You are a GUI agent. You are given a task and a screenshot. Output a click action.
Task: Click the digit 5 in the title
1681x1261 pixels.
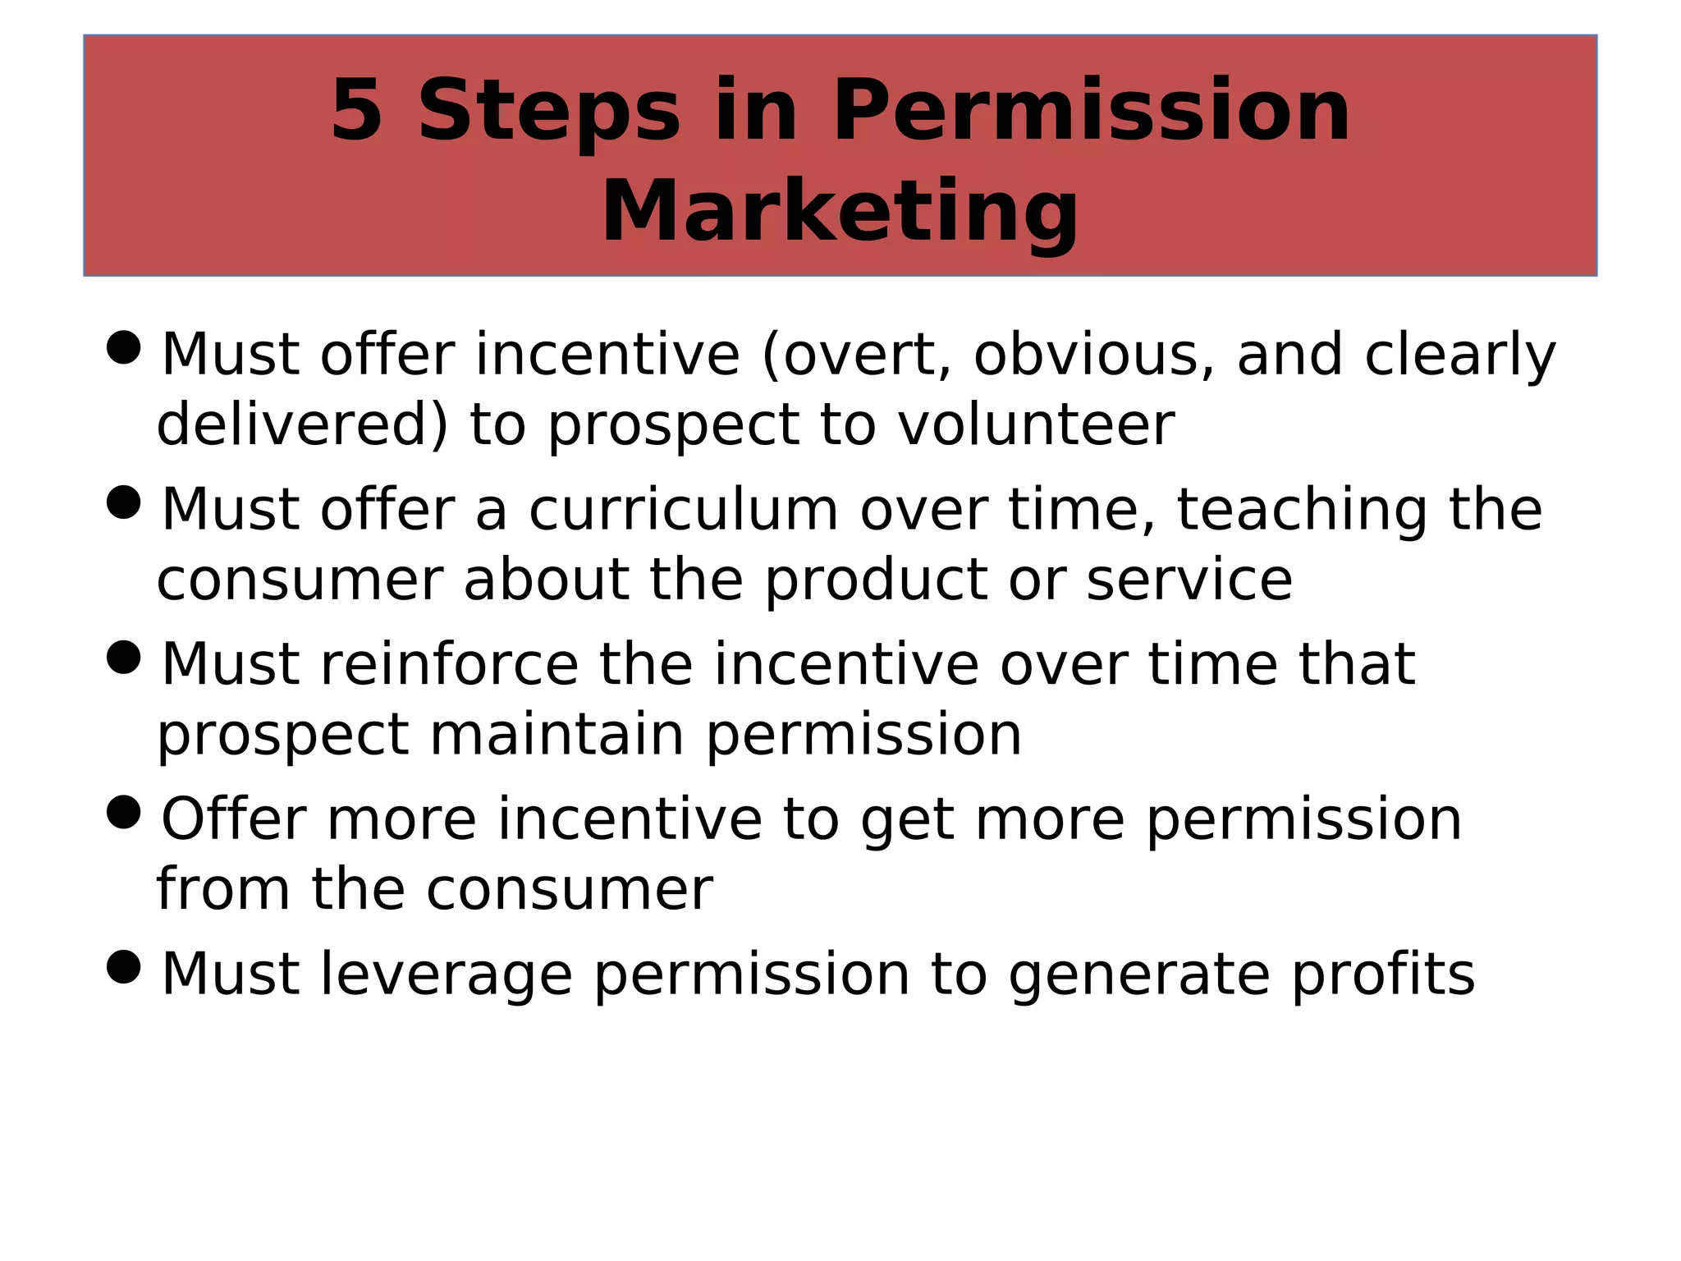356,111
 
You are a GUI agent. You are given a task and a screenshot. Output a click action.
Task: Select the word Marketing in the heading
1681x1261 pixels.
840,212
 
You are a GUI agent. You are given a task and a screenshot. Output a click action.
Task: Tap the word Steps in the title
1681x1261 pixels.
549,111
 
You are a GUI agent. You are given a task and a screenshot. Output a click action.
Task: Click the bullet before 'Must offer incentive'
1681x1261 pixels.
124,347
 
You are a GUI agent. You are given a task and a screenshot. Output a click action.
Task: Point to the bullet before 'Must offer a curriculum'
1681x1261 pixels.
124,502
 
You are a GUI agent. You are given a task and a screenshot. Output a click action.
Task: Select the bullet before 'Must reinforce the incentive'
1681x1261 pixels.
124,657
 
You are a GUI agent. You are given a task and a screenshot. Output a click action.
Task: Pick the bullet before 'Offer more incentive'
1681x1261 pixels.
124,812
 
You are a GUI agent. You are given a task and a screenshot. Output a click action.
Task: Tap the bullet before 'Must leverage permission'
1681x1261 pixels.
124,966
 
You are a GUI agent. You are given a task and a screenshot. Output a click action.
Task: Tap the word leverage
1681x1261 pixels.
446,974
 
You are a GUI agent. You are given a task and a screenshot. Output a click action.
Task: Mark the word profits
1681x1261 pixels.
1383,974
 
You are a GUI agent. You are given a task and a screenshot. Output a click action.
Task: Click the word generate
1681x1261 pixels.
1139,974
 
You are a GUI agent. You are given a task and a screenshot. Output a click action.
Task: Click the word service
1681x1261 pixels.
1189,580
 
